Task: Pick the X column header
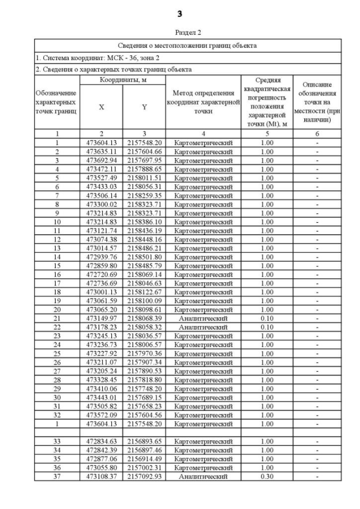point(101,107)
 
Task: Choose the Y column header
point(144,107)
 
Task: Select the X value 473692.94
point(101,160)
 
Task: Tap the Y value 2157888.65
point(144,169)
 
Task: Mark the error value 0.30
point(267,477)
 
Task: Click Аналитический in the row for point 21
point(203,318)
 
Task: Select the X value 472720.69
point(101,274)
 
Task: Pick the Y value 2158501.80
point(144,257)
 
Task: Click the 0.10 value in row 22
point(267,327)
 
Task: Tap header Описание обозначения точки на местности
point(317,102)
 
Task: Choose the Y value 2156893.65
point(144,442)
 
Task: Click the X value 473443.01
point(101,398)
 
